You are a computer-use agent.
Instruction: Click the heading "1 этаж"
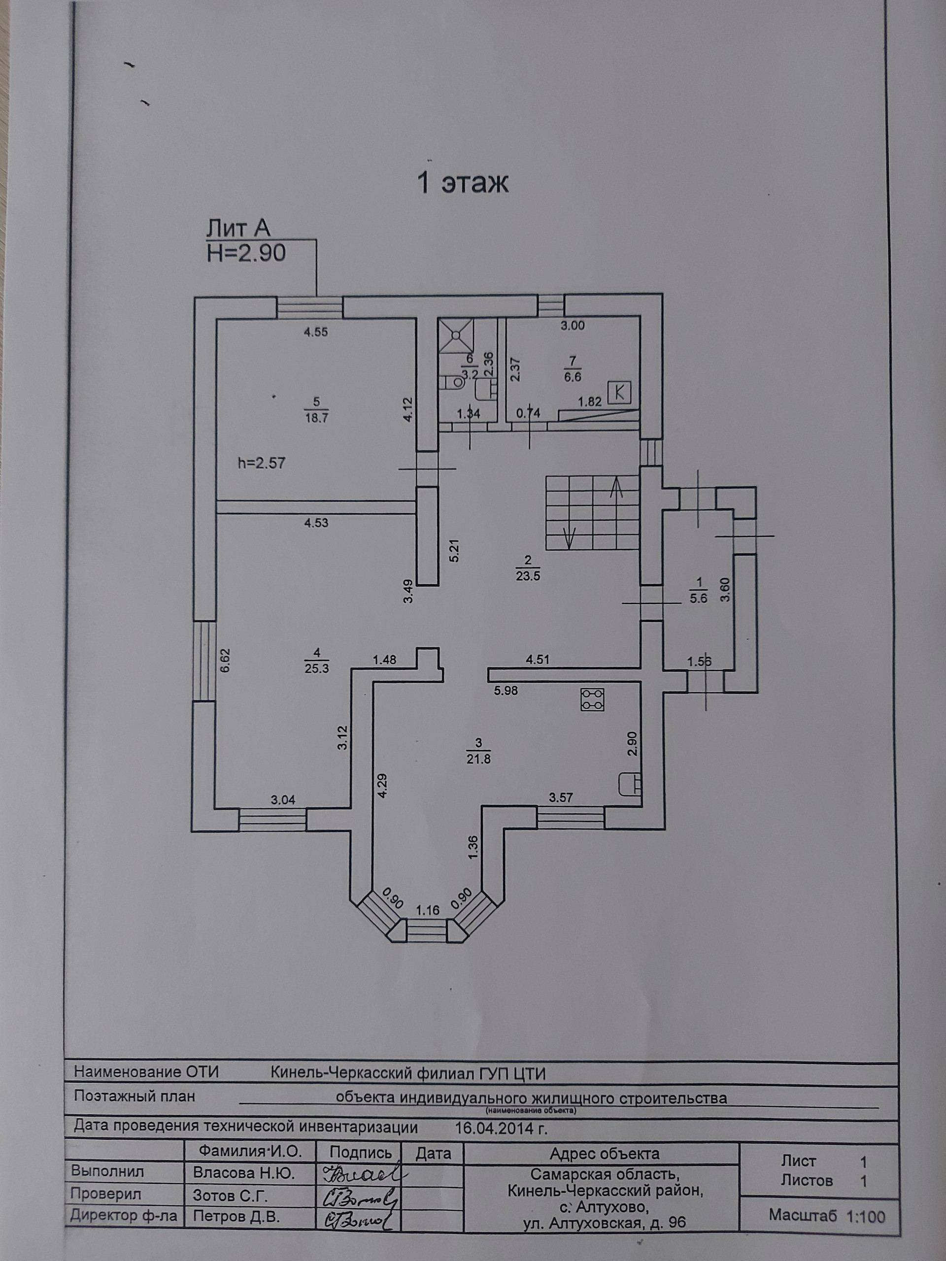coord(463,184)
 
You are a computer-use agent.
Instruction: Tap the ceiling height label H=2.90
coord(246,253)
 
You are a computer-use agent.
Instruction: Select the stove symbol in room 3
coord(592,699)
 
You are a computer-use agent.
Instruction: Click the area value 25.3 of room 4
coord(316,668)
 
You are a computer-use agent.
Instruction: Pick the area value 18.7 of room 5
coord(316,417)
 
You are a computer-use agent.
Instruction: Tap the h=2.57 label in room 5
coord(261,463)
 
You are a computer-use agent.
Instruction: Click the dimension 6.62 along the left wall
coord(225,660)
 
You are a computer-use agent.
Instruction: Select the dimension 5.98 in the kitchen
coord(506,691)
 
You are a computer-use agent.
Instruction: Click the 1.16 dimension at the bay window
coord(428,910)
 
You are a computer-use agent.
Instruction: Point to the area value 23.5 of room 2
coord(528,576)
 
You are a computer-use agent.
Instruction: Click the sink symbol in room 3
coord(631,784)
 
